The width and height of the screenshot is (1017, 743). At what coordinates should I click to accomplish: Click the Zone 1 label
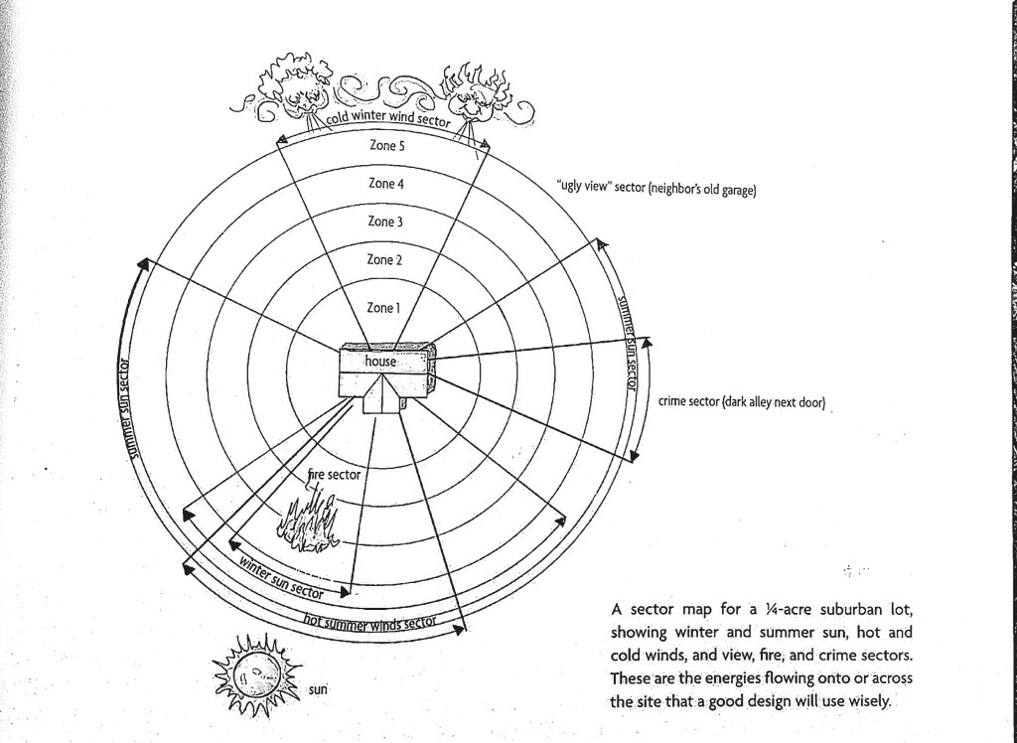point(382,308)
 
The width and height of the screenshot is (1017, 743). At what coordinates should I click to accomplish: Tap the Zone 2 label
point(383,260)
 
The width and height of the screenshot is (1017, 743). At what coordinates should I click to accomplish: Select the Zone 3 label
point(385,222)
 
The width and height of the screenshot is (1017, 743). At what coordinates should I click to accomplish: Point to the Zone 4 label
point(385,184)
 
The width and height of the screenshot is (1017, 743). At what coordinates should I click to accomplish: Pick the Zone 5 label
point(386,145)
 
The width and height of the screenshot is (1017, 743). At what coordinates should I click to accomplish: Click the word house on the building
point(380,362)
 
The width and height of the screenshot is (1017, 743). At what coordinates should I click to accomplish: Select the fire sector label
point(334,475)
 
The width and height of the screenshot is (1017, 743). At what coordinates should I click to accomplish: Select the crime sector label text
point(741,403)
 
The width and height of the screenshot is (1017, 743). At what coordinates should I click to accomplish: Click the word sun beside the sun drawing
point(318,688)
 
